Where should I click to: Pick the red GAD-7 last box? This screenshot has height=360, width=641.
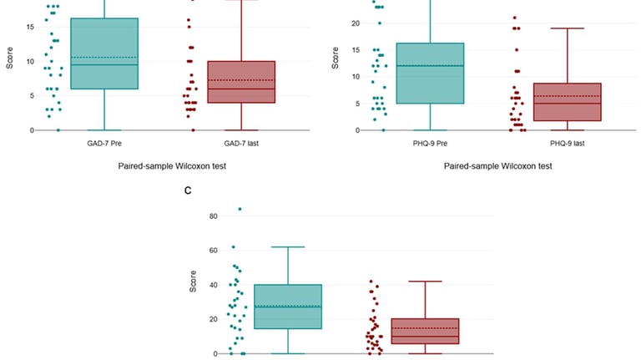point(240,82)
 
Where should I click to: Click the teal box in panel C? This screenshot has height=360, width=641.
point(287,307)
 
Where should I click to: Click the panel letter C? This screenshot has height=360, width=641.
point(188,191)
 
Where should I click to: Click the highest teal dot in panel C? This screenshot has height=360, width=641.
point(240,209)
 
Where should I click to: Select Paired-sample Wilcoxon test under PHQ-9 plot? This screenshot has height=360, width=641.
point(498,166)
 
